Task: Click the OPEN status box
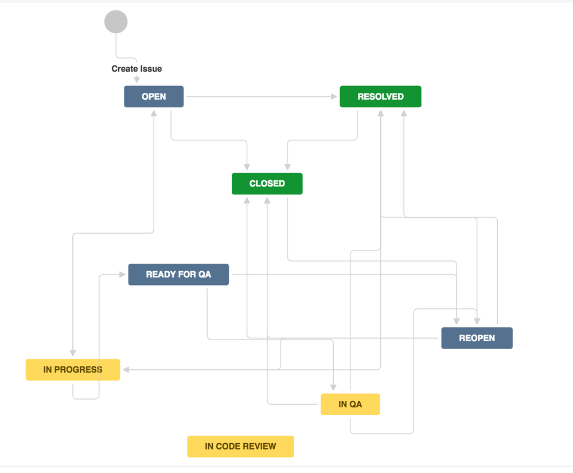coord(154,96)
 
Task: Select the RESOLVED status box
coord(380,96)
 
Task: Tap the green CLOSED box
coord(267,183)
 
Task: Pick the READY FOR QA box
coord(178,274)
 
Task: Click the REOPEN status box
coord(477,338)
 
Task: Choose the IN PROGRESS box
coord(73,370)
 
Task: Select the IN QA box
coord(350,404)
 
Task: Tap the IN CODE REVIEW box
coord(240,446)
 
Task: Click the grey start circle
coord(116,22)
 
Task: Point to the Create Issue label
coord(137,69)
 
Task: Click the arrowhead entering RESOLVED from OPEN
coord(334,97)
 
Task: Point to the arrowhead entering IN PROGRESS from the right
coord(126,370)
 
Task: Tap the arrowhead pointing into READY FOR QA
coord(122,275)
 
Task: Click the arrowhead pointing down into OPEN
coord(137,80)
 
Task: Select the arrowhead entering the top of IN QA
coord(333,388)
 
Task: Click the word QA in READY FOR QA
coord(204,274)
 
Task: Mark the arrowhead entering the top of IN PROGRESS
coord(73,353)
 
